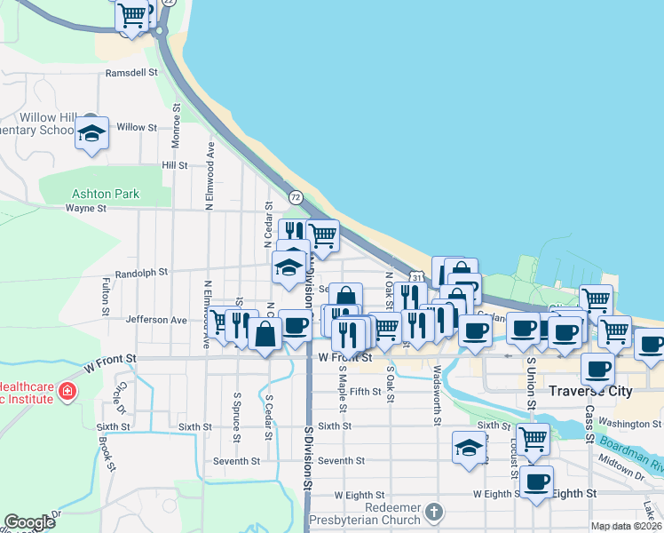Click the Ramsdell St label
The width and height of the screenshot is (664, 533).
130,73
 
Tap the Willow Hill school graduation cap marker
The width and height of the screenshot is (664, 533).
91,133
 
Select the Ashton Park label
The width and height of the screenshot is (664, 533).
106,193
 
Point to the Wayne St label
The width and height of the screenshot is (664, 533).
86,209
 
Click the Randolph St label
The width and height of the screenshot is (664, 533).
141,273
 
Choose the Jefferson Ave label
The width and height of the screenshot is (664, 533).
156,320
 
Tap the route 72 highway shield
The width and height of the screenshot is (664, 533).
296,195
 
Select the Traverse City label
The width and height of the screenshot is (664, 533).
590,391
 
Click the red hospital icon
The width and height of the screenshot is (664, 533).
67,391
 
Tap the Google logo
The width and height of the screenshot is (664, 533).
30,522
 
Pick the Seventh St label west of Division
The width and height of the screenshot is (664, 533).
235,461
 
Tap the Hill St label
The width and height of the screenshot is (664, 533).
174,165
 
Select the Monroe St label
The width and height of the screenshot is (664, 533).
177,118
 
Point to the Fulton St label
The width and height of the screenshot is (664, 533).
105,298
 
